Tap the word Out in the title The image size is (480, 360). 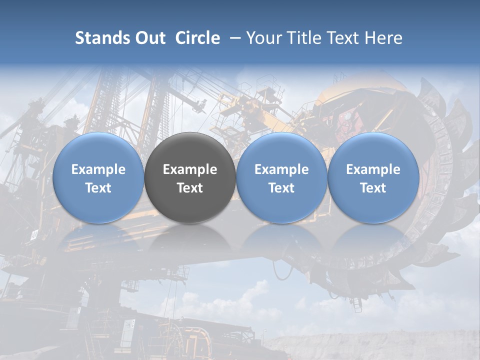click(149, 38)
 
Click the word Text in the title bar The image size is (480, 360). click(345, 38)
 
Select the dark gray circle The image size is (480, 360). click(190, 177)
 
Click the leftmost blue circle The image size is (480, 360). click(98, 177)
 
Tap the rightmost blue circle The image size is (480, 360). click(373, 177)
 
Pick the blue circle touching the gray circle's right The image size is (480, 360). click(281, 177)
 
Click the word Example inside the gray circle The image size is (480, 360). click(190, 169)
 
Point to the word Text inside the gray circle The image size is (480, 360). click(190, 188)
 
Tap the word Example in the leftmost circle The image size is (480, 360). click(98, 169)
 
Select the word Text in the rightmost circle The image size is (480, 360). click(373, 188)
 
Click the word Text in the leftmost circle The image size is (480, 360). click(98, 188)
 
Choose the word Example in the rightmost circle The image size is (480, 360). click(373, 169)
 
